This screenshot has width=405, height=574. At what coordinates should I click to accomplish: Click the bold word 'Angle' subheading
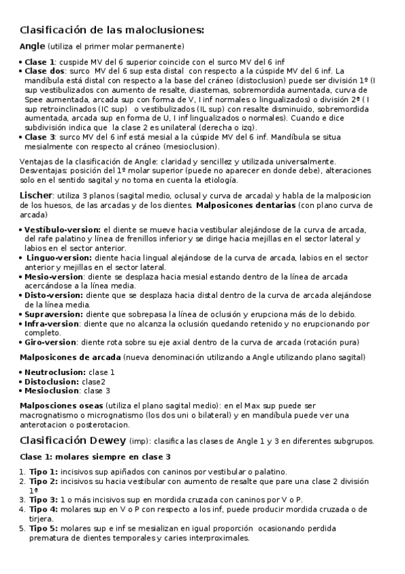point(32,46)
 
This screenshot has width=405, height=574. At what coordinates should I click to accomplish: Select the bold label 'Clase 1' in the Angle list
point(40,62)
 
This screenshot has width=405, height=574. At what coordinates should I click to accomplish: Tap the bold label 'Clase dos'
point(45,70)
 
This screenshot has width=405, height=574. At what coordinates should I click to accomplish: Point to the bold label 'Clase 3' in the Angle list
point(40,137)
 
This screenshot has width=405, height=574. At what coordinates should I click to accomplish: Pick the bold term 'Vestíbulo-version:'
point(62,230)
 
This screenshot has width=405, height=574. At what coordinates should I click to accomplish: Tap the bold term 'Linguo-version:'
point(57,258)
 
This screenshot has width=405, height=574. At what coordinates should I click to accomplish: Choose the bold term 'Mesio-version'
point(53,277)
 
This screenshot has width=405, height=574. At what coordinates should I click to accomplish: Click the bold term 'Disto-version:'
point(54,295)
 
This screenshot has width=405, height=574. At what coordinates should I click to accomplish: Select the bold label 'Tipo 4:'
point(43,509)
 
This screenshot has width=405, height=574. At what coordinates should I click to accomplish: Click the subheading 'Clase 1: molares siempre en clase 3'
point(95,457)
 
